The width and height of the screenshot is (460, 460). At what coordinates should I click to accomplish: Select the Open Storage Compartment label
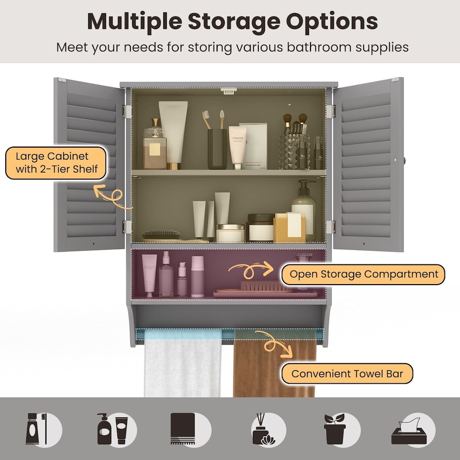pyautogui.click(x=364, y=275)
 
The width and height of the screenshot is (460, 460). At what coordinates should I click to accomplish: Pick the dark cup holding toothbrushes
pyautogui.click(x=217, y=149)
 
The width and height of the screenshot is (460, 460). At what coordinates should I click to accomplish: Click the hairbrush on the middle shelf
pyautogui.click(x=162, y=235)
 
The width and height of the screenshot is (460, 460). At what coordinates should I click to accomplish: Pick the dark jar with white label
pyautogui.click(x=260, y=229)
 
